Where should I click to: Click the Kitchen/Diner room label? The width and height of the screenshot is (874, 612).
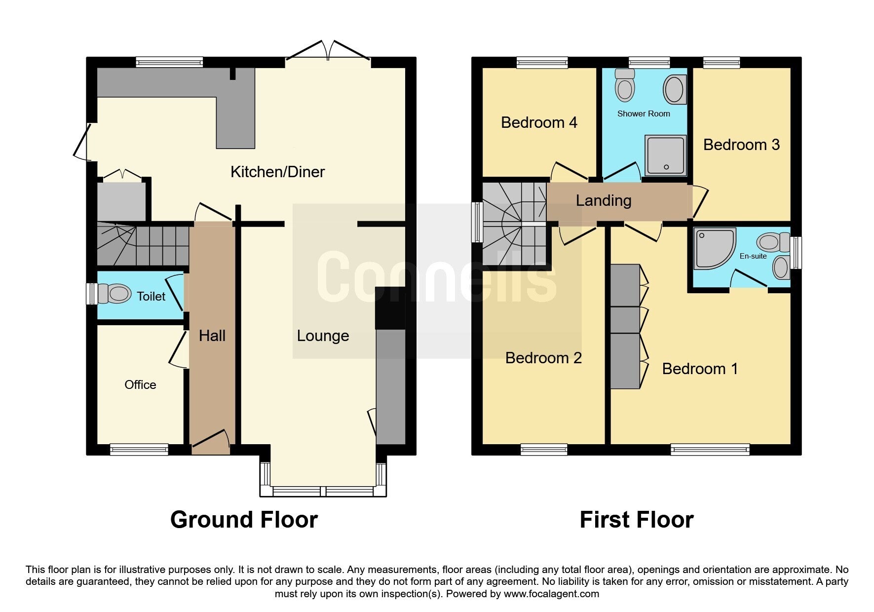(x=277, y=172)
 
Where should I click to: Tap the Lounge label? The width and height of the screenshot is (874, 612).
(x=323, y=336)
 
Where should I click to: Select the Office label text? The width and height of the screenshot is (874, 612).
(x=140, y=384)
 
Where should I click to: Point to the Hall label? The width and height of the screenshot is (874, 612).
(x=212, y=336)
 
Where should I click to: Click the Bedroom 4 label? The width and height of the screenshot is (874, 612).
(x=539, y=122)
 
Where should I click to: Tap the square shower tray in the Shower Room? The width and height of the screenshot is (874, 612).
(x=666, y=155)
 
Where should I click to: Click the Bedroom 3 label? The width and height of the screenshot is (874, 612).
(x=741, y=145)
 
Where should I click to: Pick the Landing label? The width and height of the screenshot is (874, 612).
(x=604, y=200)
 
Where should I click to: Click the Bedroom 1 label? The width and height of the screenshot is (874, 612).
(x=700, y=369)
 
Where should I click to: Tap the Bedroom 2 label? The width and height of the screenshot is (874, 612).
(x=543, y=358)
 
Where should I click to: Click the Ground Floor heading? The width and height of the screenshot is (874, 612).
(x=244, y=520)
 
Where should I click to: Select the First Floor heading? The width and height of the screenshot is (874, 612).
(x=637, y=520)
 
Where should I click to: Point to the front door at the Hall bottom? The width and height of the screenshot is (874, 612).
(x=211, y=442)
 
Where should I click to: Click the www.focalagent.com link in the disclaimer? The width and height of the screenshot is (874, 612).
(x=551, y=594)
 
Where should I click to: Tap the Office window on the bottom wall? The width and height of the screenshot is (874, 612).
(x=139, y=449)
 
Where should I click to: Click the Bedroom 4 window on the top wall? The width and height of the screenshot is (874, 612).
(x=542, y=62)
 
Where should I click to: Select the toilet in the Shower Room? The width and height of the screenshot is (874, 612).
(x=625, y=85)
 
